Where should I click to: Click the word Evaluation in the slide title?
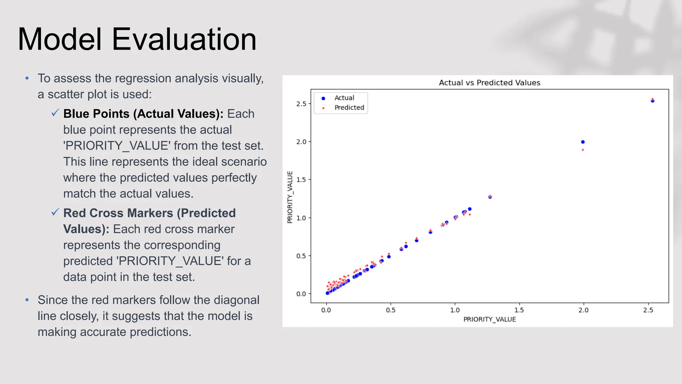(184, 39)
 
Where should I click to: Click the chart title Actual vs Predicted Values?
(489, 83)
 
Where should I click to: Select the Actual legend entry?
(344, 98)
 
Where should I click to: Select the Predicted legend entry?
(349, 108)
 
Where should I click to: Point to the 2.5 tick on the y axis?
(301, 104)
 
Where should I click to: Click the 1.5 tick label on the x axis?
(519, 310)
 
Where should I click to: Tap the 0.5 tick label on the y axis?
(301, 256)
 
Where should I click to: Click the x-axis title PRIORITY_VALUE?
(489, 319)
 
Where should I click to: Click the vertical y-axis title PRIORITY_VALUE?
(290, 197)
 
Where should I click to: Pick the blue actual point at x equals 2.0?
(583, 142)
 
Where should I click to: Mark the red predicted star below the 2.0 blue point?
(583, 150)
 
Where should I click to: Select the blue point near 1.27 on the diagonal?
(490, 197)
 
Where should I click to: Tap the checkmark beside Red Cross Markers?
(55, 212)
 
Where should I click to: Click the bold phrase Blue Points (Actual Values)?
(143, 114)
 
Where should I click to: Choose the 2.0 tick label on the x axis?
(583, 310)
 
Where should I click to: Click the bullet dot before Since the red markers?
(27, 300)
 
